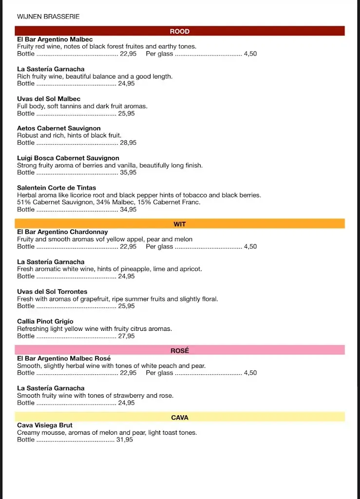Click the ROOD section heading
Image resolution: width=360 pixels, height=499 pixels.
(x=179, y=31)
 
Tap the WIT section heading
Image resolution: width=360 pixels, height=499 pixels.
(x=179, y=224)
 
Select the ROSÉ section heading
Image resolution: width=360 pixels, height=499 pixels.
(x=179, y=350)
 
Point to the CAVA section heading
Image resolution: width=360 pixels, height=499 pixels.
(x=179, y=418)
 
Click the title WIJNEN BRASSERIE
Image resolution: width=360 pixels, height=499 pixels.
(x=48, y=17)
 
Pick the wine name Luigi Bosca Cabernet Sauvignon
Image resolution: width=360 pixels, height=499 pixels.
(x=68, y=158)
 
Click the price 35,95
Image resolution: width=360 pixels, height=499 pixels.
(x=128, y=173)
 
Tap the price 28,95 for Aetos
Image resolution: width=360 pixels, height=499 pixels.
(x=128, y=143)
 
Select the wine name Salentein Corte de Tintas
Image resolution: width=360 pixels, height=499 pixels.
(x=57, y=188)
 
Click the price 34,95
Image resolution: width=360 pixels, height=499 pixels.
(x=128, y=210)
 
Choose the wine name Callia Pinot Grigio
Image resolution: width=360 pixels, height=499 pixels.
(x=45, y=321)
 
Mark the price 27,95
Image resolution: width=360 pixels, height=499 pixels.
(x=126, y=336)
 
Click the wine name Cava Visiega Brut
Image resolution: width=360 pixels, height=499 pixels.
(x=45, y=425)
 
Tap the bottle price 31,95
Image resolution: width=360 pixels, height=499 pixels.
(x=124, y=440)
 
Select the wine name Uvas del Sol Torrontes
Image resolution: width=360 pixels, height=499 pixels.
(x=52, y=291)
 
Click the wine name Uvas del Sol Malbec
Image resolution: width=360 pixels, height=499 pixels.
(x=49, y=98)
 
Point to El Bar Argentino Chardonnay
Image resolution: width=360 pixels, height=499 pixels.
(x=62, y=232)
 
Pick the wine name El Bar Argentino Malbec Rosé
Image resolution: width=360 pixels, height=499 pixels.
(x=64, y=358)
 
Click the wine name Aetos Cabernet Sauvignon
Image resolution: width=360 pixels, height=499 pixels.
(x=59, y=128)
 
